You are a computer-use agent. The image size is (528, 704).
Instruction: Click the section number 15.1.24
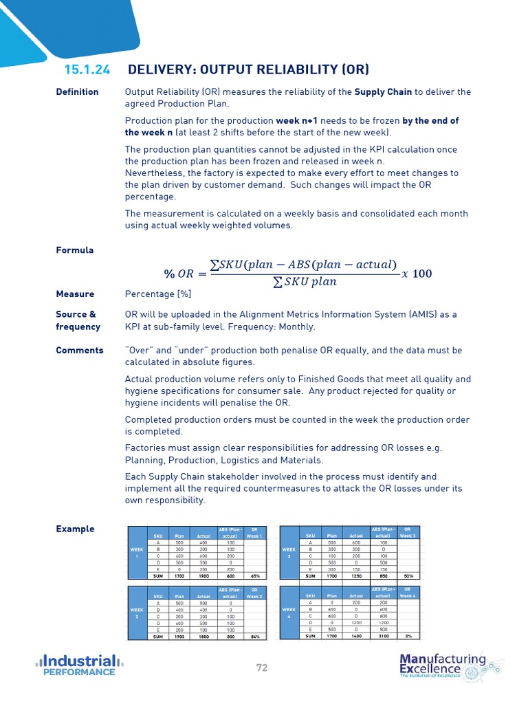(87, 69)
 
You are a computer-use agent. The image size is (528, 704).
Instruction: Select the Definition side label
(77, 92)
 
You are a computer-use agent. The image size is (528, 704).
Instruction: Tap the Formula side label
(74, 250)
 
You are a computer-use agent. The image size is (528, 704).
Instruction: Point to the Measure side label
(75, 294)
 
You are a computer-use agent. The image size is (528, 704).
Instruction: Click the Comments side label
(80, 351)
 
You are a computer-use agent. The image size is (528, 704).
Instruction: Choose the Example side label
(75, 529)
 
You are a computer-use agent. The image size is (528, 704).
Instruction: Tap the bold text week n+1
(300, 121)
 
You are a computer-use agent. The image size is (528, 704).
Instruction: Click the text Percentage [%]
(158, 294)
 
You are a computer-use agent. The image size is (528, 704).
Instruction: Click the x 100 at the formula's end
(417, 274)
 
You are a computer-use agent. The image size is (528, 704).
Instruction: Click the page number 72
(262, 667)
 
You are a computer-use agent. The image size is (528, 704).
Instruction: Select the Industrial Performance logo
(79, 665)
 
